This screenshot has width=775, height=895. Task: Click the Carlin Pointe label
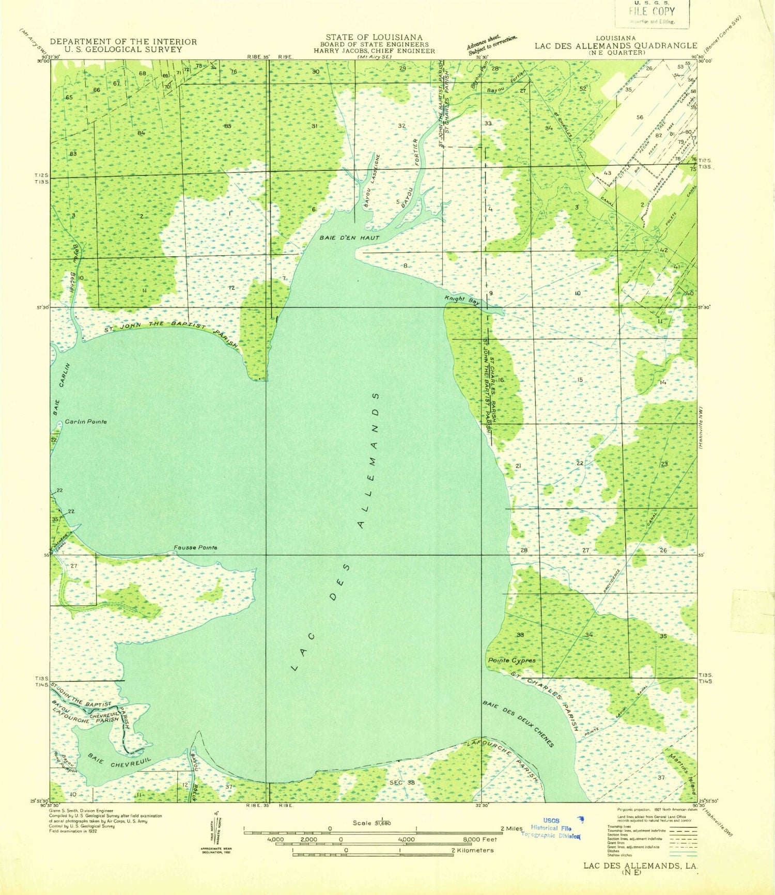click(86, 421)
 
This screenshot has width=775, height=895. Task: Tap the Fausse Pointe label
click(195, 547)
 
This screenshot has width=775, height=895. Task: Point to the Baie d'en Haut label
click(349, 238)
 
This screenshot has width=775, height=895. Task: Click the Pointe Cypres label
click(512, 660)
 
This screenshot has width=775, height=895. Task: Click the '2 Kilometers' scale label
click(472, 850)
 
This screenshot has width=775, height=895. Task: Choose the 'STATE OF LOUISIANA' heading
click(374, 37)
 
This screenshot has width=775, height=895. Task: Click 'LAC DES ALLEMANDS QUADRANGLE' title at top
click(616, 45)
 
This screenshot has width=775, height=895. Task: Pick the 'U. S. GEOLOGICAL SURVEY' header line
click(123, 50)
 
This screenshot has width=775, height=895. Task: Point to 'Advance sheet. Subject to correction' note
click(492, 44)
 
